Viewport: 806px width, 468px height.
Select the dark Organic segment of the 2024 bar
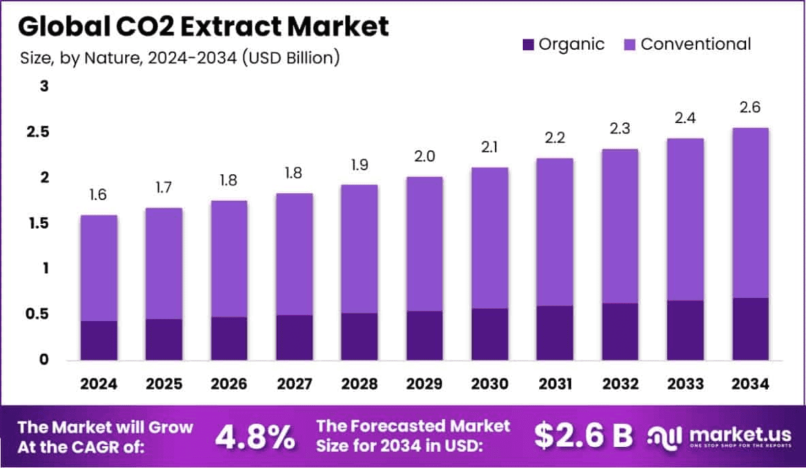pos(99,340)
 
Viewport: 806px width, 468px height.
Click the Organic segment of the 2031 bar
pos(555,333)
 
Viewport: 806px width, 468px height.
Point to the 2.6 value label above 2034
pos(751,107)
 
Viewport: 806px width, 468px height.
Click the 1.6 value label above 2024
pos(99,195)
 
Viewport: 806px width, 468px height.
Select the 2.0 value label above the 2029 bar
pos(425,156)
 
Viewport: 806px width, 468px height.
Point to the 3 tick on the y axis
pos(44,86)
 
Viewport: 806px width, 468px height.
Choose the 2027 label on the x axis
pos(294,384)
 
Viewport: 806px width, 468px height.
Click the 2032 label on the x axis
pos(620,384)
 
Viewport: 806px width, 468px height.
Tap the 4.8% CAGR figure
pos(255,437)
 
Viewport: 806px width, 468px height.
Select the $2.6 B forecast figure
pos(583,437)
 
